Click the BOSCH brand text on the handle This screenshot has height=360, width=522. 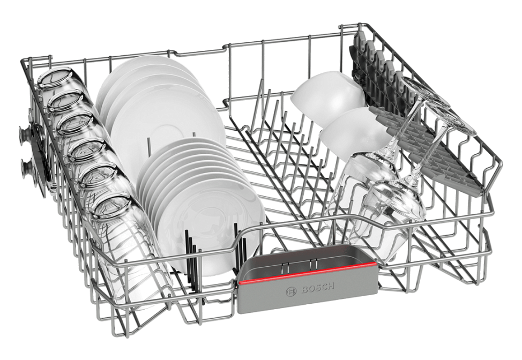click(318, 288)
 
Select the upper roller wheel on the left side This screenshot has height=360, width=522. click(26, 136)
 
